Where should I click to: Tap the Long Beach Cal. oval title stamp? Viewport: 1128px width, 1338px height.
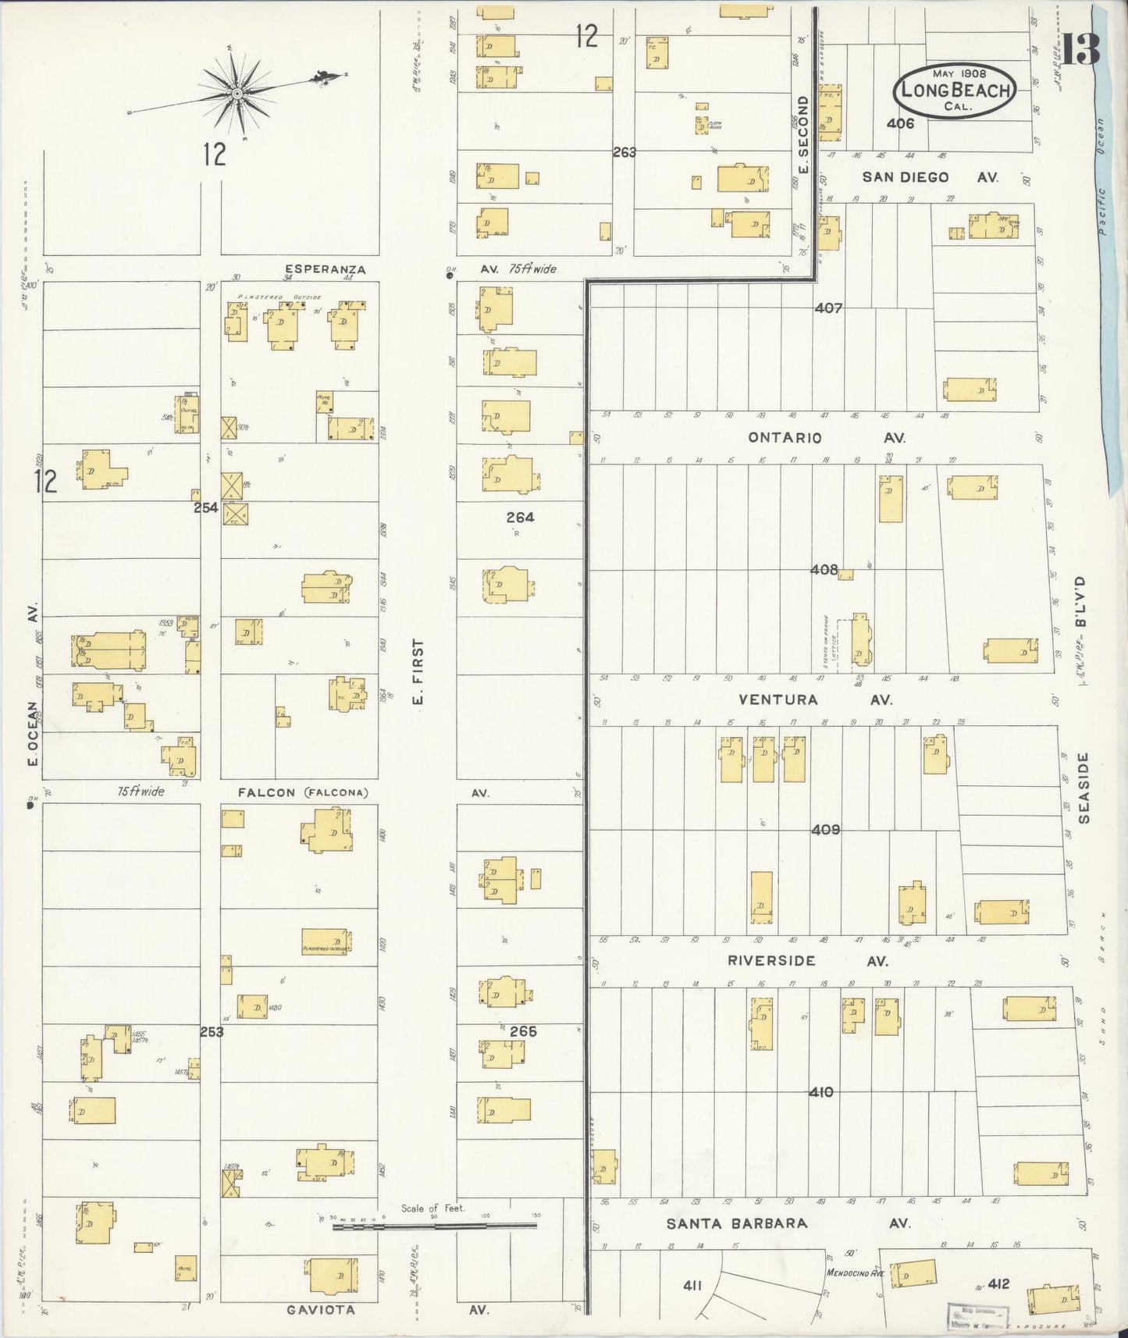pyautogui.click(x=955, y=91)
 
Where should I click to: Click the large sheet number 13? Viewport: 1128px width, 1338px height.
pyautogui.click(x=1081, y=49)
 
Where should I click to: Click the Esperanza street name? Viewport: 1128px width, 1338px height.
pyautogui.click(x=315, y=269)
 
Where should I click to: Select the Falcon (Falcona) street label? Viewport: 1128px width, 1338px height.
pyautogui.click(x=303, y=792)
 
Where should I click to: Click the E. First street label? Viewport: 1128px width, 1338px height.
pyautogui.click(x=418, y=672)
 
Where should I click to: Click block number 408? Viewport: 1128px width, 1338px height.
pyautogui.click(x=824, y=570)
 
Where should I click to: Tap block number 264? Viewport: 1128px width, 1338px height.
pyautogui.click(x=520, y=517)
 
